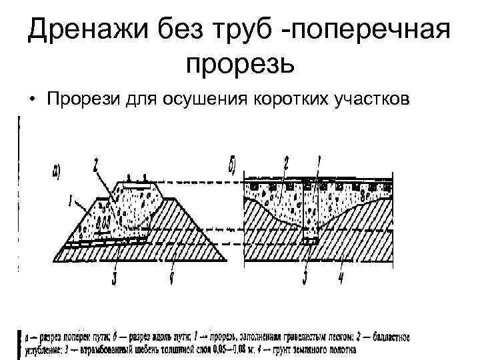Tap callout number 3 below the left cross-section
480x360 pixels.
[x=115, y=277]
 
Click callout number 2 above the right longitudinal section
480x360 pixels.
[x=286, y=162]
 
